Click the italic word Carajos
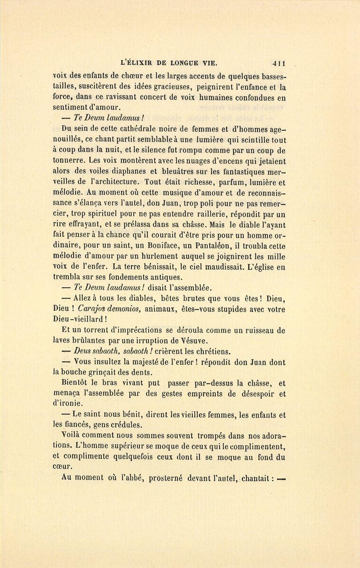93,309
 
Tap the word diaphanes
118,171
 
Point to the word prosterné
166,478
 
